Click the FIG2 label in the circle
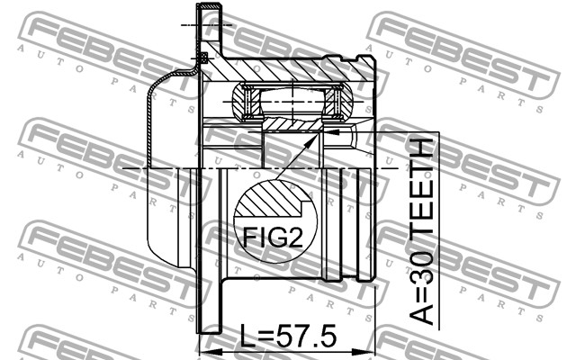pyautogui.click(x=273, y=238)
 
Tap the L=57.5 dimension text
pyautogui.click(x=288, y=336)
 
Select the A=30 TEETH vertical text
pyautogui.click(x=421, y=232)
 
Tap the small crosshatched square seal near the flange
pyautogui.click(x=204, y=57)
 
